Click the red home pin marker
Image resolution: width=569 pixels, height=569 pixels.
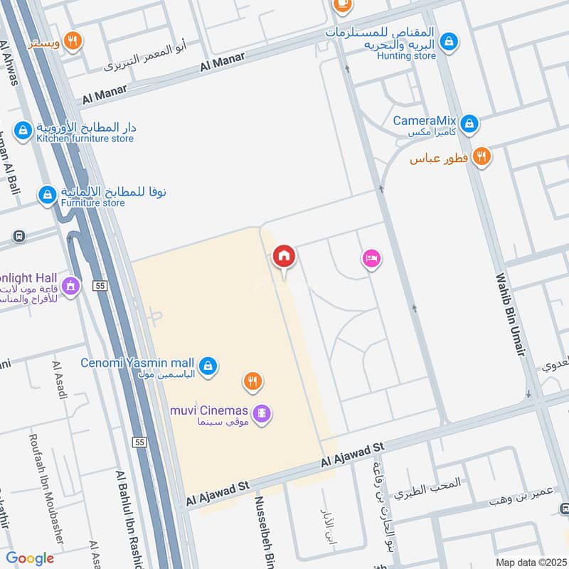point(284,256)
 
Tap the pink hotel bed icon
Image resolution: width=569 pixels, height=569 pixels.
point(371,258)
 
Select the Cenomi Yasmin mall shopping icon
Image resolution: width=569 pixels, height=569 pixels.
point(207,366)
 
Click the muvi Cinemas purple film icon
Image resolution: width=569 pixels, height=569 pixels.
point(262,412)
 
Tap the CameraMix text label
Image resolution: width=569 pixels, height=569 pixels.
point(424,121)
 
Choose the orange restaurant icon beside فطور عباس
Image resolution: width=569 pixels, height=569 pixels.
point(482,156)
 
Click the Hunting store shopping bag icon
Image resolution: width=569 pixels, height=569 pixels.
point(449,41)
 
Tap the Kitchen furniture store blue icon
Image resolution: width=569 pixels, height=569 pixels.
point(23,129)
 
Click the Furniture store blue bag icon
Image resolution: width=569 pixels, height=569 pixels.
point(47,194)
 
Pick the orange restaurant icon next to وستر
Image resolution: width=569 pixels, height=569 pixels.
point(72,41)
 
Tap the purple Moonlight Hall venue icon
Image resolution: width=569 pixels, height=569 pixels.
point(70,286)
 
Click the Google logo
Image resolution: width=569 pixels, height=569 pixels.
point(30,558)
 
